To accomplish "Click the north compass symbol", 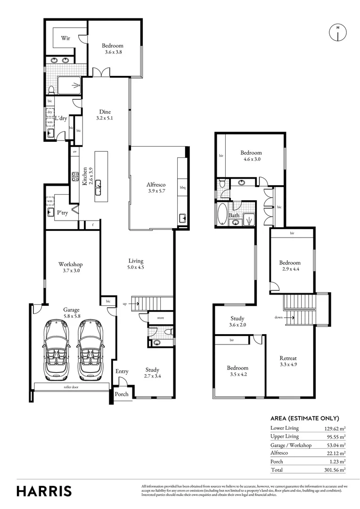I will [x=337, y=32].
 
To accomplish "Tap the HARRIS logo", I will [x=44, y=491].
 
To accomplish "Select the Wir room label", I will [x=65, y=39].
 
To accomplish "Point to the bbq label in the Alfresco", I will [x=183, y=188].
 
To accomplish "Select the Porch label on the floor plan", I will [x=122, y=394].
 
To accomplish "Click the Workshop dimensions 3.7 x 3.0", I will [x=70, y=271].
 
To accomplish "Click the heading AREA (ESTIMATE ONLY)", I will [x=304, y=418].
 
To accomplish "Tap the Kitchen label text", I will [x=85, y=176].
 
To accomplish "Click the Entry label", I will [x=122, y=371].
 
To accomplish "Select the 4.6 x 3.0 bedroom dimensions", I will [x=251, y=159].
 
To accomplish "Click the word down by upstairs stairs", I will [x=279, y=318].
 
